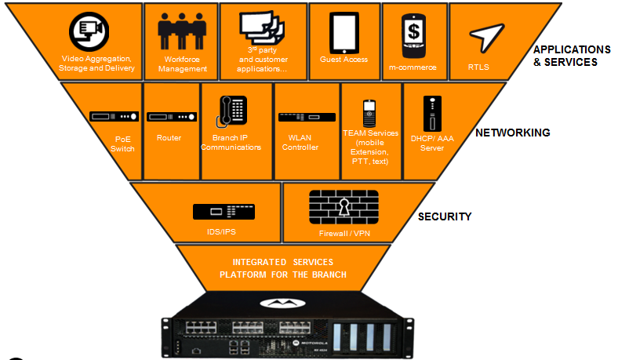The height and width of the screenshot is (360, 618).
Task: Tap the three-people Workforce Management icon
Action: tap(183, 32)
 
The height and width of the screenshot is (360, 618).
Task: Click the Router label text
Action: tap(169, 138)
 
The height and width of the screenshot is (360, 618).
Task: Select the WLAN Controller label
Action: tap(300, 142)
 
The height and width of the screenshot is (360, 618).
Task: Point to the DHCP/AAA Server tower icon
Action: tap(429, 114)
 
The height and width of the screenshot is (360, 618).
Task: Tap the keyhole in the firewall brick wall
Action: tap(344, 207)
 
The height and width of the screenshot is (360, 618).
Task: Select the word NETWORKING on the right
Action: tap(512, 133)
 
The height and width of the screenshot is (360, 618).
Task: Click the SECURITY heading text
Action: tap(444, 216)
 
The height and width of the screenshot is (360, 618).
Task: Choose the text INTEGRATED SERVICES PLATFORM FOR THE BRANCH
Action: tap(283, 267)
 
